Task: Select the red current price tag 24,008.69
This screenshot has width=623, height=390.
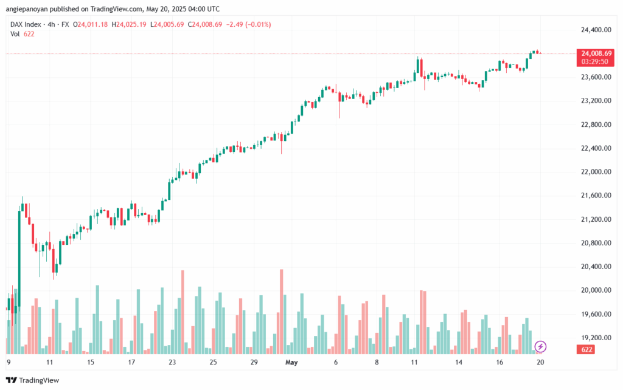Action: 596,53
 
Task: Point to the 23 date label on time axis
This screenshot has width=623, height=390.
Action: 172,363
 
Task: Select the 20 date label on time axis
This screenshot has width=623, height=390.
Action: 539,363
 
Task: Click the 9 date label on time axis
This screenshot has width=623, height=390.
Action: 9,363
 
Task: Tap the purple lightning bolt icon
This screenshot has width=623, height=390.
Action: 540,347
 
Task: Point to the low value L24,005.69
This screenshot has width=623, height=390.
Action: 167,24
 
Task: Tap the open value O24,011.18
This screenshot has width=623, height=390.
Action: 91,24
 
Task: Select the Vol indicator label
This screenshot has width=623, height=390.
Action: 15,34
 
